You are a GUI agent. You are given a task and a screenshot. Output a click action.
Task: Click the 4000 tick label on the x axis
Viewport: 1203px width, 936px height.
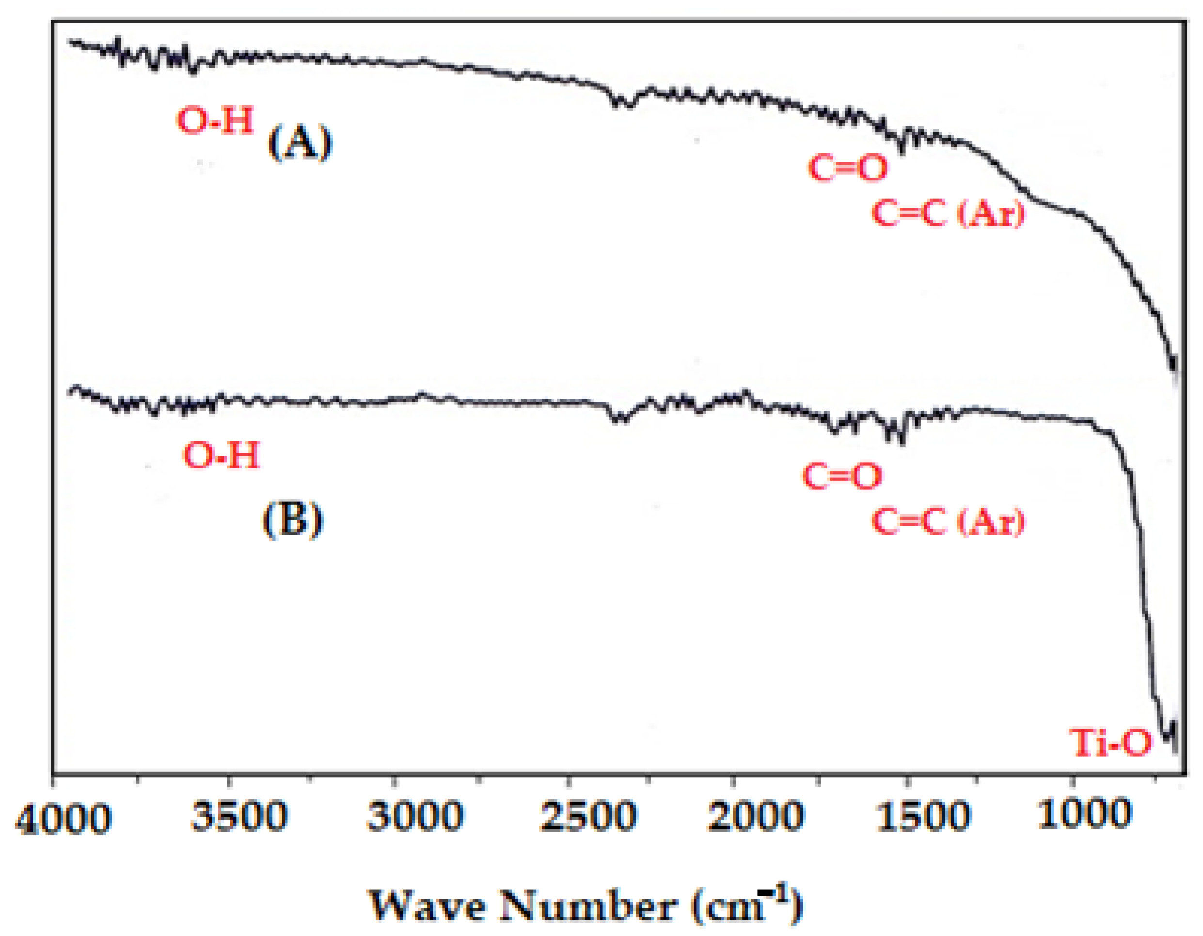(63, 819)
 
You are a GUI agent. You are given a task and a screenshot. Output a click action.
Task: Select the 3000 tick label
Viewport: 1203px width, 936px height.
(415, 816)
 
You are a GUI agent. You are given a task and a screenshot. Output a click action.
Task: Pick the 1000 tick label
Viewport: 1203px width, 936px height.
(1085, 814)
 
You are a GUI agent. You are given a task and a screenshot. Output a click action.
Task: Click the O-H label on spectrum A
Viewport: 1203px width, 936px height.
(215, 120)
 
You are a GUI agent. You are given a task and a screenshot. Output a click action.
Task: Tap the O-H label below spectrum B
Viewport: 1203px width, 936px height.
(221, 456)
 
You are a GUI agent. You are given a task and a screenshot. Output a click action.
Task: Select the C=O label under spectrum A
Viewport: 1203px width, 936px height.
(848, 168)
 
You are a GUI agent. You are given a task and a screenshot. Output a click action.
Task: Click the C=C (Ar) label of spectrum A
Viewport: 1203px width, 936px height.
(948, 213)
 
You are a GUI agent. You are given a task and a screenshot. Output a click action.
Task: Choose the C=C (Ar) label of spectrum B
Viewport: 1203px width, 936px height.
(948, 521)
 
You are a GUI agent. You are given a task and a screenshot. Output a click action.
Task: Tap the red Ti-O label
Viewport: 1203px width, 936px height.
(1110, 743)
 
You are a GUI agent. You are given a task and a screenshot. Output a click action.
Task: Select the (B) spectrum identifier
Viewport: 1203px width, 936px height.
(292, 520)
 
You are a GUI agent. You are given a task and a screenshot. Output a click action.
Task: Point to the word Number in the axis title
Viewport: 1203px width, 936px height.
(587, 905)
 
